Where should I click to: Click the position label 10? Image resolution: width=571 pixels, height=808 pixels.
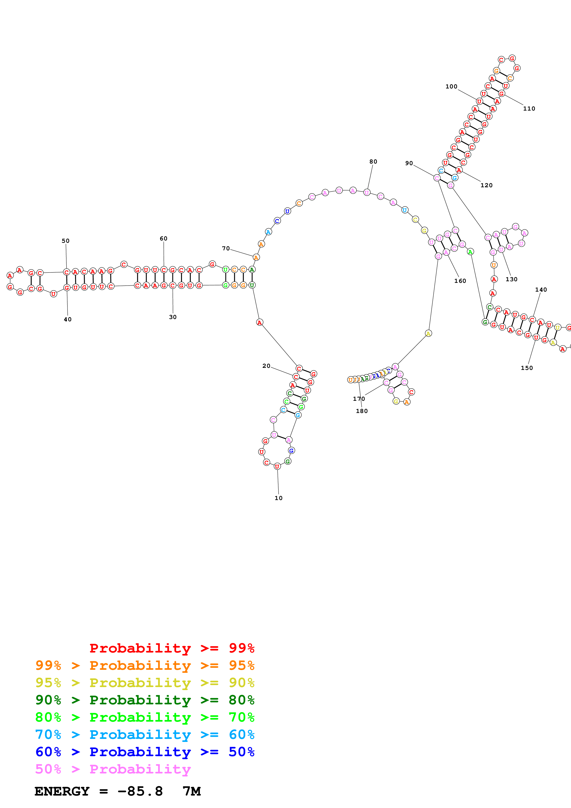point(278,498)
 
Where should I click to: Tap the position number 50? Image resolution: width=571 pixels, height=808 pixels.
point(65,241)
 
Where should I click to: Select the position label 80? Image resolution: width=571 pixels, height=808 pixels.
point(373,161)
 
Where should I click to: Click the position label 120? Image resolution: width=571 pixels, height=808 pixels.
point(486,185)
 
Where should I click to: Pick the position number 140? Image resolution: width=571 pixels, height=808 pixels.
point(541,290)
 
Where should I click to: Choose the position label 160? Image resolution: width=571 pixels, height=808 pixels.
point(460,281)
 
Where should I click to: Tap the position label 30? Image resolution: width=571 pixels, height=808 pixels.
point(172,317)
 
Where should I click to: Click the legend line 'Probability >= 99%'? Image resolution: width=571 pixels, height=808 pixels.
point(172,648)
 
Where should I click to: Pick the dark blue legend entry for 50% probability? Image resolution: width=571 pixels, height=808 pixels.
point(145,752)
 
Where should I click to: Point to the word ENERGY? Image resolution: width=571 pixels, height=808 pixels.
point(62,791)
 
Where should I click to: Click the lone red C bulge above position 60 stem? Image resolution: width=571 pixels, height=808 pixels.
point(123,264)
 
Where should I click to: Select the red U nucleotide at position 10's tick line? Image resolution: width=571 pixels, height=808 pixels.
point(277,466)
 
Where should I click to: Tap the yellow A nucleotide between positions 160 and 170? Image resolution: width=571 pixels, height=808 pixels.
point(428,333)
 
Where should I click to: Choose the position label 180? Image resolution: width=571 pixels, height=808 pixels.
point(361,411)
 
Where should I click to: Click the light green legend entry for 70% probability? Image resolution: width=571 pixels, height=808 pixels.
point(145,717)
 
